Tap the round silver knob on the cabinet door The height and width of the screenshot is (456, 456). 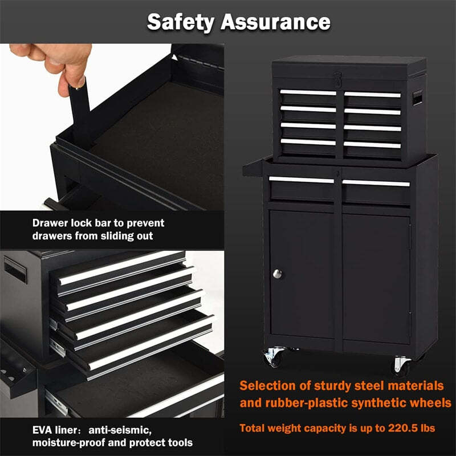(278, 274)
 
